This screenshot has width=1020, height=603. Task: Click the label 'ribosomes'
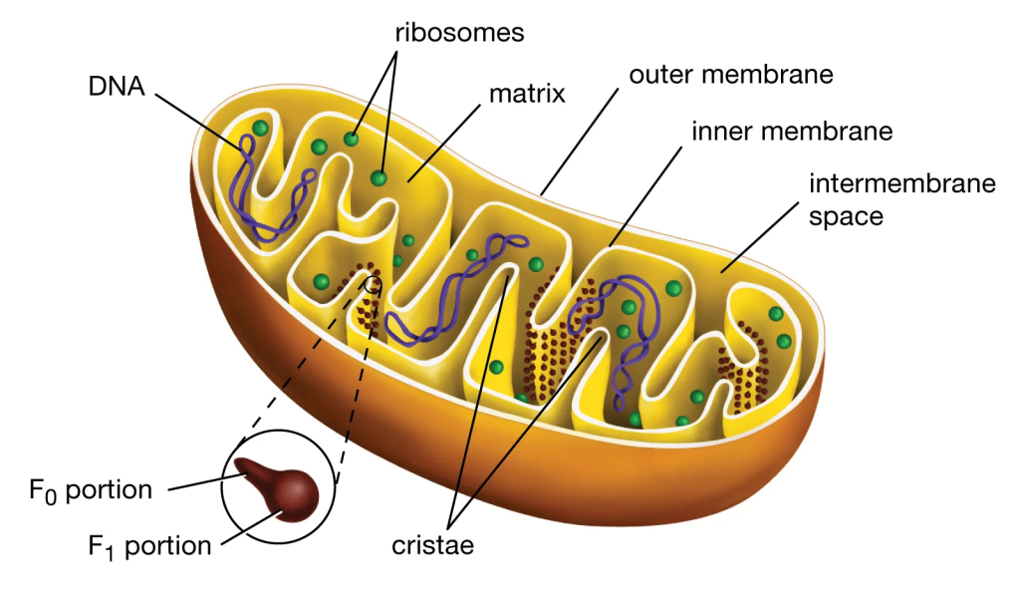coord(459,33)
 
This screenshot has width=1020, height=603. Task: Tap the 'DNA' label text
coord(117,87)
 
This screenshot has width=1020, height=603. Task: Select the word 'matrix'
coord(527,94)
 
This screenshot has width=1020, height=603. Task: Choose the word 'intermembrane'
coord(902,183)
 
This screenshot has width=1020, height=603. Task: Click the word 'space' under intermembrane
coord(846,217)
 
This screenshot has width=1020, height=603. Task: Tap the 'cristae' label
coord(432,546)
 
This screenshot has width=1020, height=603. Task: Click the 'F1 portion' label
coord(149,547)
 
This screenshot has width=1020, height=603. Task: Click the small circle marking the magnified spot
coord(373,284)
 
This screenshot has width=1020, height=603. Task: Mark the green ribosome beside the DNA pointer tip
coord(260,129)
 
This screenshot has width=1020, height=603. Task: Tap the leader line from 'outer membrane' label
coord(580,142)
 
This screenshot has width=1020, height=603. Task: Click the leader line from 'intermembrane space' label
coord(760,237)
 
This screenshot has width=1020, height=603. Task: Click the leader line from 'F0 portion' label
coord(207,482)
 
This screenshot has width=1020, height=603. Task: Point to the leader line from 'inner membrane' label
coord(645,196)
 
